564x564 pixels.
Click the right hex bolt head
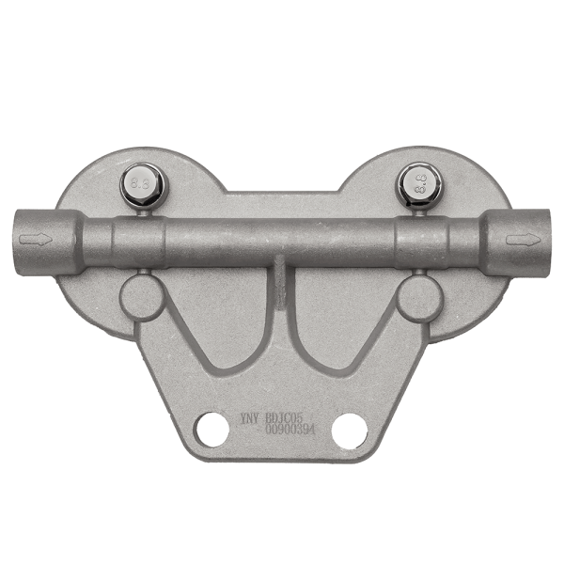416,183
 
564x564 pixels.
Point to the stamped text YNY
249,415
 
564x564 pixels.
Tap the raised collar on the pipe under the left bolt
138,243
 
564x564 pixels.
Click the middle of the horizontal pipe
281,242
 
